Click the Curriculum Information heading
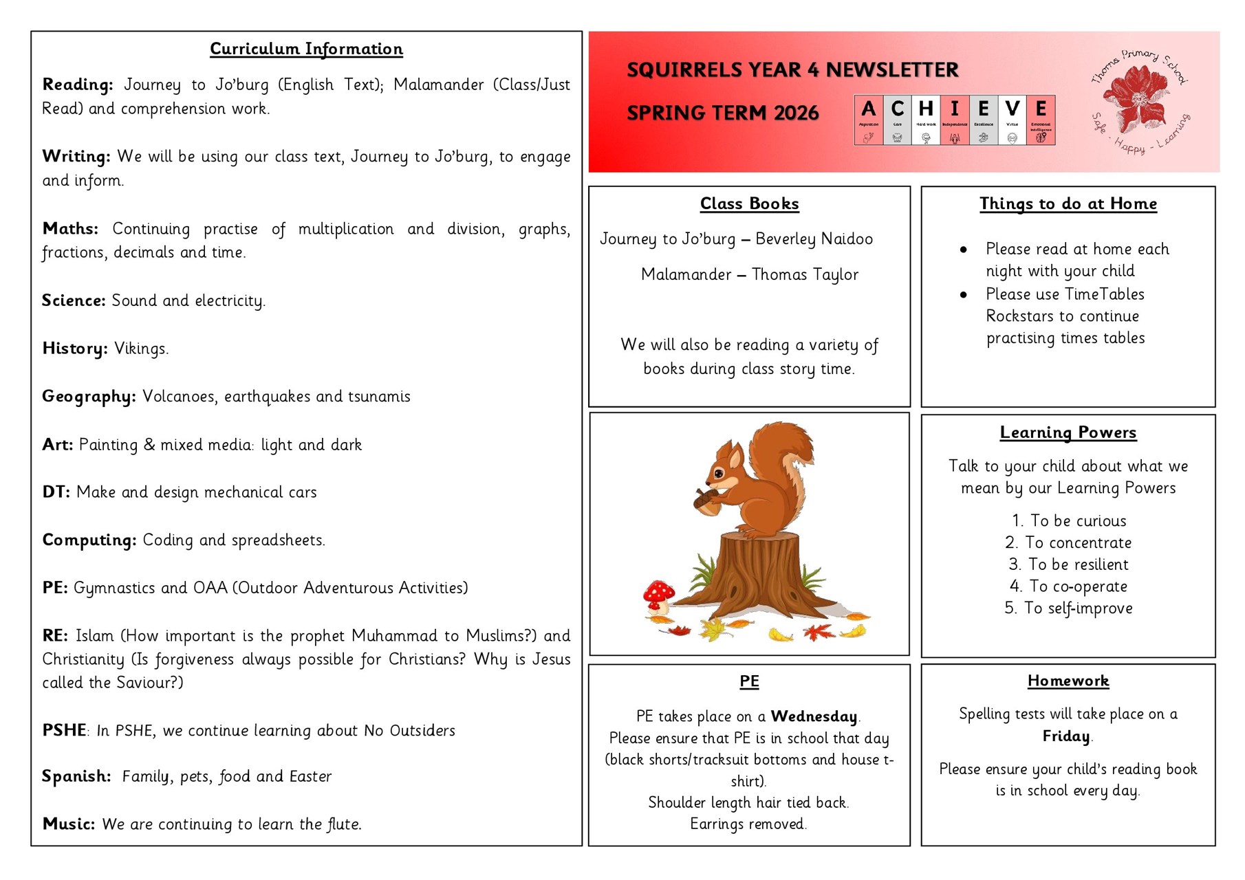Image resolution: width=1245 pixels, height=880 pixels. coord(306,49)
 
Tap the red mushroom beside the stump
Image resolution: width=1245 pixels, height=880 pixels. coord(658,593)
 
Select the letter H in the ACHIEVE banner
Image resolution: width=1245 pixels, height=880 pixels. coord(926,109)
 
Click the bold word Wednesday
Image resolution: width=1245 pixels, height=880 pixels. coord(814,716)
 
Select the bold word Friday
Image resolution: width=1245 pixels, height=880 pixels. coord(1066,736)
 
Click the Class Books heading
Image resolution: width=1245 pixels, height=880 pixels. coord(749,203)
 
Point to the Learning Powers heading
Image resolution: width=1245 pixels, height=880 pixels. coord(1068,432)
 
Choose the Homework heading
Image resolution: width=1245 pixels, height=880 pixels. coord(1068,681)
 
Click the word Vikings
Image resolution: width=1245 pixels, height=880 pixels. coord(140,349)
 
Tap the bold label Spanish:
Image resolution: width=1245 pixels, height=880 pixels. coord(76,776)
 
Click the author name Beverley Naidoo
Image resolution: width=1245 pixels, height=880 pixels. coord(814,239)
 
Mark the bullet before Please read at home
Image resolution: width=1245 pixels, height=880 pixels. coord(964,250)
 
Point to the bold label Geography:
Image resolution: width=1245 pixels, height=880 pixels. coord(89,397)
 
